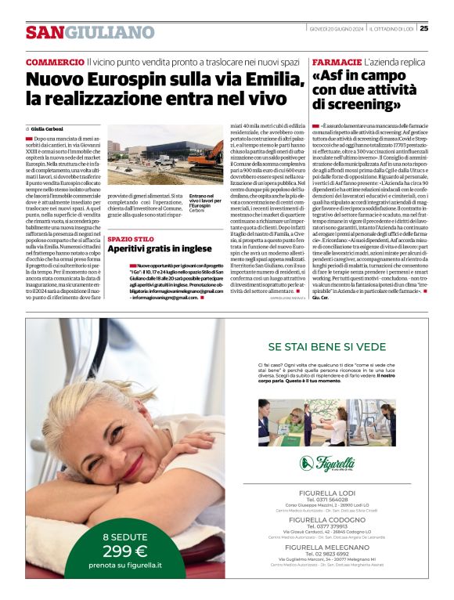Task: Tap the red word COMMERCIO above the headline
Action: [x=54, y=61]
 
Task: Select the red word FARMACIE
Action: [x=337, y=61]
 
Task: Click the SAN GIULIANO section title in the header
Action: [x=90, y=32]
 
